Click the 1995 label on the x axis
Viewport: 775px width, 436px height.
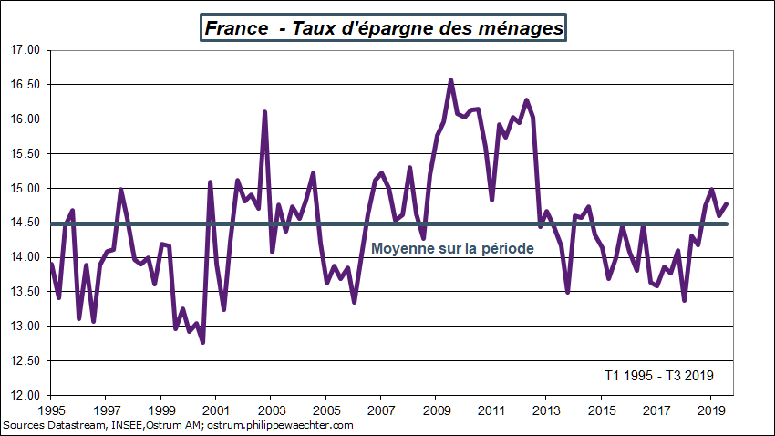pos(51,410)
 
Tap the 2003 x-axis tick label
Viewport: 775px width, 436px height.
pos(271,410)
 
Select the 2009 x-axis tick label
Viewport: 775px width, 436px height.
pos(436,410)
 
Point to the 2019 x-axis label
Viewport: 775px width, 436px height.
pos(710,410)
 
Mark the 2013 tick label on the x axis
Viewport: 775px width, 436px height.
pos(545,410)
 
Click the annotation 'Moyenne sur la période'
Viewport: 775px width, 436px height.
pos(451,248)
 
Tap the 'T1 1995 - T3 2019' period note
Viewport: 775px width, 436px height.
pos(658,375)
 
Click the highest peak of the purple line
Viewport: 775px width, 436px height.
pos(450,80)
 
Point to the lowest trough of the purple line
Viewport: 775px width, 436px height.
pos(202,342)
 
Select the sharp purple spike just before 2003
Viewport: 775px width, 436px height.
pos(264,112)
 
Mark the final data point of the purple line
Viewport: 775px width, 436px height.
pos(727,204)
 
